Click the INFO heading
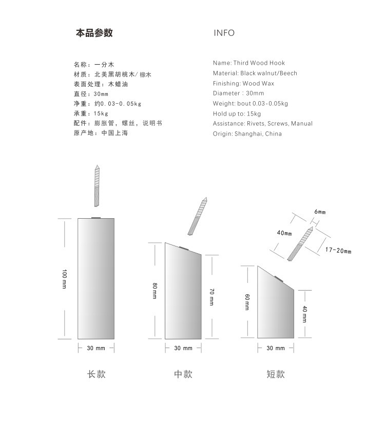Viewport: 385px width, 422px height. [224, 33]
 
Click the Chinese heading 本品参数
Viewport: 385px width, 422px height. [94, 33]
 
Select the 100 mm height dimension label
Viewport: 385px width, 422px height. [64, 279]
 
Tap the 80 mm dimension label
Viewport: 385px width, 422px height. [155, 291]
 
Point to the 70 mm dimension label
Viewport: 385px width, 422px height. [211, 297]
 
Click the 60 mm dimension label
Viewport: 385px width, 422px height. [247, 302]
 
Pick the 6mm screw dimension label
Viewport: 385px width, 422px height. [320, 212]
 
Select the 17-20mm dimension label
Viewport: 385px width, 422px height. [338, 251]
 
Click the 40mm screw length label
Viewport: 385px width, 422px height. [284, 233]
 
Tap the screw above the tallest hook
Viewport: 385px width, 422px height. [97, 186]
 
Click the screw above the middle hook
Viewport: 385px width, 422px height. [198, 216]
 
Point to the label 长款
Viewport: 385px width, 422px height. [97, 374]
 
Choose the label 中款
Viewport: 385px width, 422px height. [183, 374]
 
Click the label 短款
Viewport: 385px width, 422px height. [276, 374]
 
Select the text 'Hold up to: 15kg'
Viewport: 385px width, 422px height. [237, 113]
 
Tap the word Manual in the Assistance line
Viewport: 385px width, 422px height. [302, 124]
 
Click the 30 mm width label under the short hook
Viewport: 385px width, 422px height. [276, 348]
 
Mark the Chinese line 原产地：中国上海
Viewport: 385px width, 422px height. [101, 133]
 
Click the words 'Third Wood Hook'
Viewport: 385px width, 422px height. [259, 63]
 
